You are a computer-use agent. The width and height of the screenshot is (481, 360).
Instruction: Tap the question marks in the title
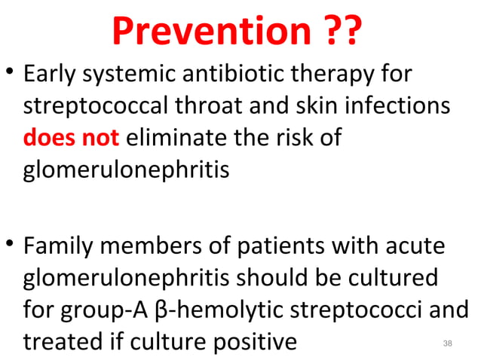(336, 32)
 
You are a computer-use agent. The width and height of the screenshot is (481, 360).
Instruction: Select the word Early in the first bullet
(50, 75)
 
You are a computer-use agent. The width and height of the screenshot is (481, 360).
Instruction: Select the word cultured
(391, 278)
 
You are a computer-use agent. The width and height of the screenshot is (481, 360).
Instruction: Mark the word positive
(249, 341)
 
